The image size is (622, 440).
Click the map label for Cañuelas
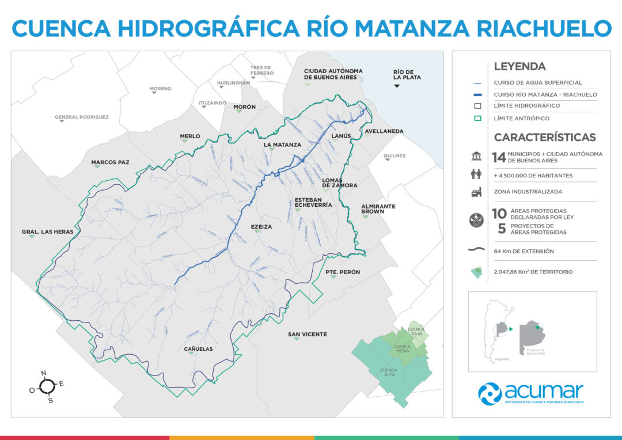coord(198,349)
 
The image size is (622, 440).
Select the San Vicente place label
coord(308,334)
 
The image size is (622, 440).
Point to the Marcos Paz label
coord(110,162)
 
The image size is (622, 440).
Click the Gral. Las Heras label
coord(48,232)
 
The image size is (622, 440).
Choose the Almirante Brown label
coord(378,208)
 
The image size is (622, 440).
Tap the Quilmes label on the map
coord(395,156)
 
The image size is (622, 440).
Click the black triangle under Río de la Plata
coord(397,86)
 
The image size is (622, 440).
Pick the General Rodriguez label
coord(82,117)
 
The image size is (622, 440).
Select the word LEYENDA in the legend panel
coord(519,67)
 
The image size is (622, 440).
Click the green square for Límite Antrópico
coord(477,118)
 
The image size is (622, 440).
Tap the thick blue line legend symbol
coord(477,94)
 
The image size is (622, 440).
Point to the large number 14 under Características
coord(498,157)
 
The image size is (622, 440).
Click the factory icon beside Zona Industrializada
coord(477,192)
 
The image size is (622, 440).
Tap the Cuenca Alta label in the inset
coord(389,372)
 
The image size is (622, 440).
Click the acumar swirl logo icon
coord(490,393)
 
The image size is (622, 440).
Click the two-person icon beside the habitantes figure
coord(477,175)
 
